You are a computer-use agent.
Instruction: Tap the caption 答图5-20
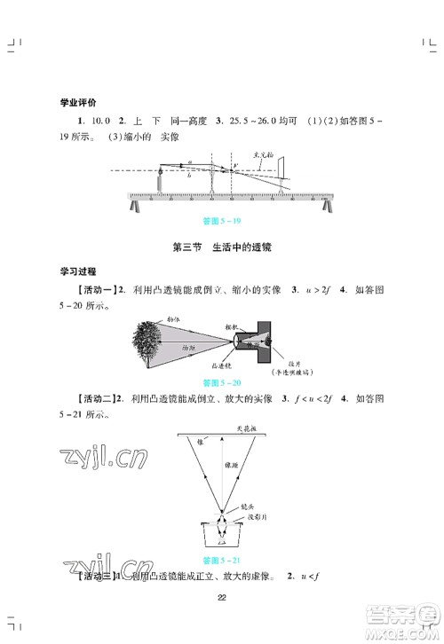pos(221,382)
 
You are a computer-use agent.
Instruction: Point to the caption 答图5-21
pos(221,560)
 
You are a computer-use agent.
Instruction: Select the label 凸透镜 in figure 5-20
pos(222,365)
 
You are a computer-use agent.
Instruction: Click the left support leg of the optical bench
pos(136,205)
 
